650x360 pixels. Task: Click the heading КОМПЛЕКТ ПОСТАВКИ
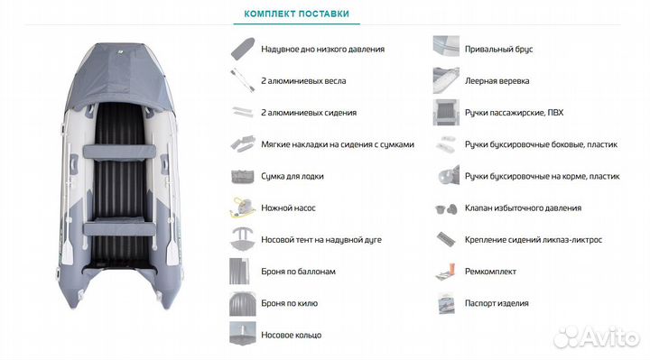point(296,14)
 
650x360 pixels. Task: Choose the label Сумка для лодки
point(291,176)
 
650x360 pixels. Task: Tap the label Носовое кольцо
point(290,335)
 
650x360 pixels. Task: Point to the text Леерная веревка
point(497,80)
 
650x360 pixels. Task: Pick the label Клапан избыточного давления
point(523,208)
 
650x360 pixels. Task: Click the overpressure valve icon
point(445,208)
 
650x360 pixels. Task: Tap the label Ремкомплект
point(489,271)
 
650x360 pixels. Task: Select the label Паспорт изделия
point(497,303)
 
